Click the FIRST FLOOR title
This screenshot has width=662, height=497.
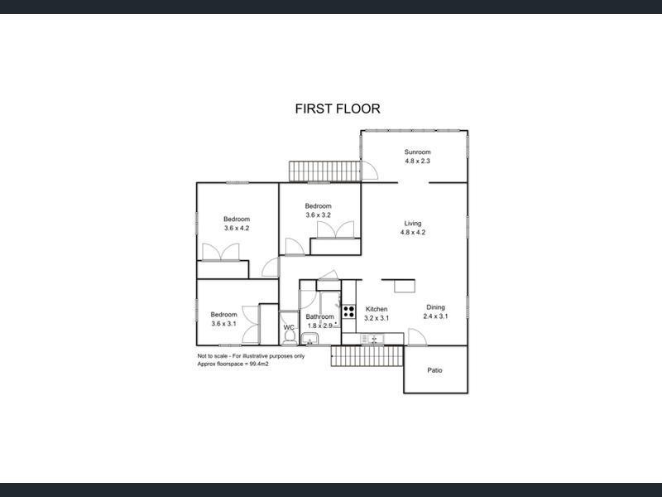338,109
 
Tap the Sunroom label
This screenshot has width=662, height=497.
417,152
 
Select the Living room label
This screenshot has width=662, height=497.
413,223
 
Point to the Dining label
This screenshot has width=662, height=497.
435,306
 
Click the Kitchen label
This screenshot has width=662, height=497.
377,308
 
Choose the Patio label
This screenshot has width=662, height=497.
434,370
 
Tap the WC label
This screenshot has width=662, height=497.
289,328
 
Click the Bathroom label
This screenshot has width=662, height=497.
319,316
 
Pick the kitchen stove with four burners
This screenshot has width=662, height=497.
349,312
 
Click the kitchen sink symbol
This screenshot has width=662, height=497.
373,338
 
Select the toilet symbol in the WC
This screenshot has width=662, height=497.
288,340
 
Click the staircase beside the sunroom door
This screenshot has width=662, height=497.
325,171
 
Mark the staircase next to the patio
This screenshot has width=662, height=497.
367,358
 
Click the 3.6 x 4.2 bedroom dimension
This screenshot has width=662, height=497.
236,228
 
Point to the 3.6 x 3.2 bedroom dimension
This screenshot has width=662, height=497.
318,215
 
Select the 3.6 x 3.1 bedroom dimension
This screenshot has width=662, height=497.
223,323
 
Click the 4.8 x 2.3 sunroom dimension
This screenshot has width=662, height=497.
417,161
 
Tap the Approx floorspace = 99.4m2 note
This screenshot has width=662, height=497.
233,364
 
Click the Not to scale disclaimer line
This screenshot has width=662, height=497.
251,356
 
